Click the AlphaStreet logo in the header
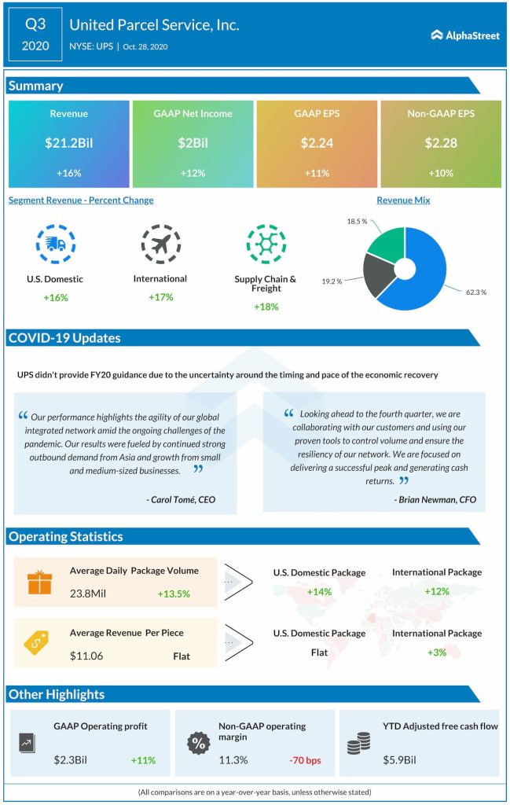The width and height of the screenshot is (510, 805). (x=465, y=35)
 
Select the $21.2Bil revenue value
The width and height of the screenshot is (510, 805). (x=68, y=143)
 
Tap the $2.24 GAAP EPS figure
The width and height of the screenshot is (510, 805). (x=317, y=143)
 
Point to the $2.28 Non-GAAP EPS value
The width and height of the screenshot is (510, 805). (x=441, y=143)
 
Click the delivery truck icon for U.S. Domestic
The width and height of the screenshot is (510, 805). (x=56, y=244)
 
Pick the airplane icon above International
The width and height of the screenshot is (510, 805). (x=160, y=244)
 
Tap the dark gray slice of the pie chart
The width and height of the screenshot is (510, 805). (x=380, y=275)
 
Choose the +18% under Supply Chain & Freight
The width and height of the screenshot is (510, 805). (x=266, y=306)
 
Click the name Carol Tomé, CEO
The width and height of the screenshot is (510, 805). (x=181, y=499)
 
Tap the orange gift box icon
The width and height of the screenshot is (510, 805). (x=39, y=582)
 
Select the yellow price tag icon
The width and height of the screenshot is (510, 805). (x=39, y=643)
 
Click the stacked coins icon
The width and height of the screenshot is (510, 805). (x=358, y=743)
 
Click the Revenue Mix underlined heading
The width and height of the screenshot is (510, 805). (x=403, y=200)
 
